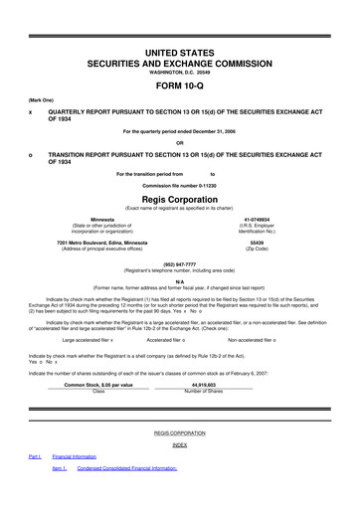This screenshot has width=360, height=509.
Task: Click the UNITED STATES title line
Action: pyautogui.click(x=180, y=50)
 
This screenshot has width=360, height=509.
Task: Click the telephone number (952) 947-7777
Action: pyautogui.click(x=180, y=264)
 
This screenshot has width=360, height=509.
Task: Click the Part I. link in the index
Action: pyautogui.click(x=34, y=484)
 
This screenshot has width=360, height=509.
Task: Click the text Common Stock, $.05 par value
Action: pyautogui.click(x=98, y=384)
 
